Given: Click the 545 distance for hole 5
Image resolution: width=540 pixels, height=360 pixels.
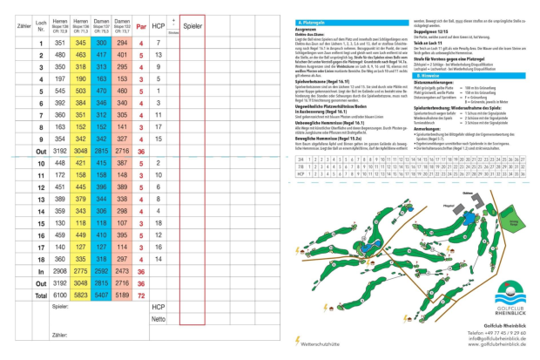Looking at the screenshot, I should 60,91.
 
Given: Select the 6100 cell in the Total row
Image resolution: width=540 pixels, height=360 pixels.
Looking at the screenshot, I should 60,296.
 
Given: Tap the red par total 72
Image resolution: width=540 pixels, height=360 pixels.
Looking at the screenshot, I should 141,296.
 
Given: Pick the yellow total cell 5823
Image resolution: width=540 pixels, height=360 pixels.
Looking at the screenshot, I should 81,296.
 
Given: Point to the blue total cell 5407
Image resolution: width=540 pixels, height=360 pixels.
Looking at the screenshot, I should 101,296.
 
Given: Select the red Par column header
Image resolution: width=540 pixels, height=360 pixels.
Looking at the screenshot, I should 141,27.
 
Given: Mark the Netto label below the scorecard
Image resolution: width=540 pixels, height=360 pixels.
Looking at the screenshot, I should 158,321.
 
